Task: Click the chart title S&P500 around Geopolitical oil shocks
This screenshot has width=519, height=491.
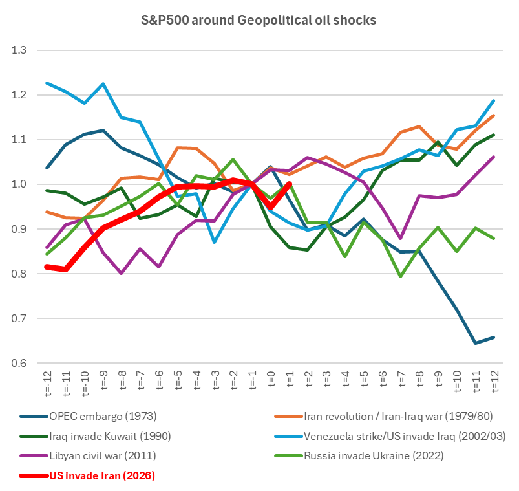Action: coord(259,20)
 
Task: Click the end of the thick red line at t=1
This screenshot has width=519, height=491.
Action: coord(289,184)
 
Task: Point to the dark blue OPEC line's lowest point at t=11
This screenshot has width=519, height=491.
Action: coord(476,343)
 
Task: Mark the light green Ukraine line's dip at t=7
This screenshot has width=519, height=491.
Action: coord(401,276)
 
